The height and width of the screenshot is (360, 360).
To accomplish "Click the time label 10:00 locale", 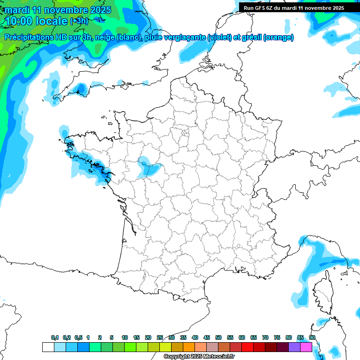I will [x=36, y=21].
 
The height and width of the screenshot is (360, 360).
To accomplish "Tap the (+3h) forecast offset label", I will [x=79, y=21].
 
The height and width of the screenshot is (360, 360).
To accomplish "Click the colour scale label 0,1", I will [x=55, y=337].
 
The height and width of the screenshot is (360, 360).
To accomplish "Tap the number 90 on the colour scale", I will [x=312, y=337].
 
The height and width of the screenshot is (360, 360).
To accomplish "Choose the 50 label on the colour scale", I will [x=218, y=337].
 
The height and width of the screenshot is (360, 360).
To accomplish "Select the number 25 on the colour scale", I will [x=160, y=337].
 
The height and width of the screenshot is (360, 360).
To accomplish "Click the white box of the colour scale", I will [x=48, y=347].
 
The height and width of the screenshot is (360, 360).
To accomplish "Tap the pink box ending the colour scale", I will [x=306, y=347].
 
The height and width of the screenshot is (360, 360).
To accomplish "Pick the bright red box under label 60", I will [x=247, y=347].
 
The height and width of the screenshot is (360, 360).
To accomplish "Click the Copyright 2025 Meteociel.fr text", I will [x=199, y=356].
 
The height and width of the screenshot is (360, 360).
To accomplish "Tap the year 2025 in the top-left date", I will [x=100, y=10].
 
